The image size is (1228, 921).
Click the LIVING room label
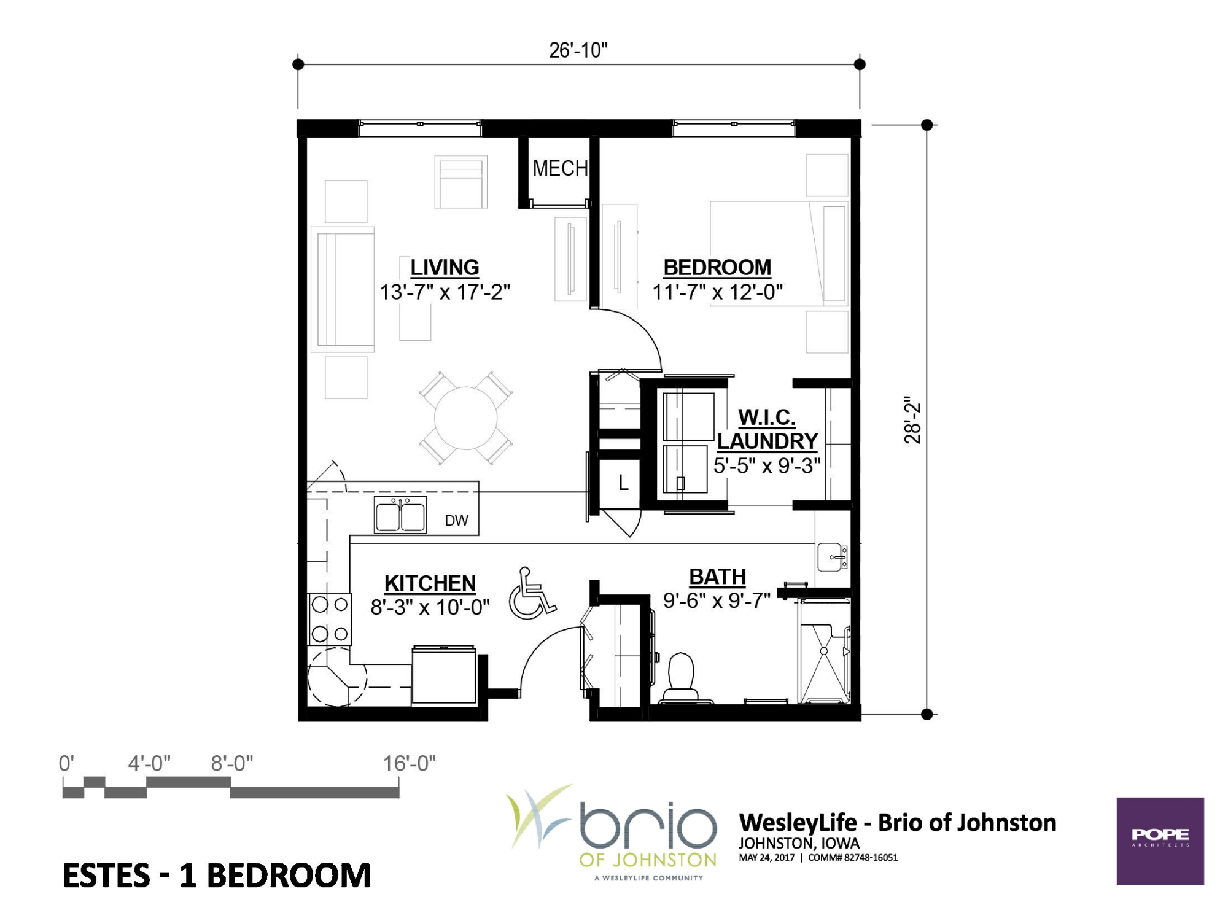pos(445,268)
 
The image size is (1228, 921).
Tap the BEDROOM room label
pos(717,268)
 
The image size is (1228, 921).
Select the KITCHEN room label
pos(430,583)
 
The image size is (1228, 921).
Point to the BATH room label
pos(717,577)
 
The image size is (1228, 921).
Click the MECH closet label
pos(560,168)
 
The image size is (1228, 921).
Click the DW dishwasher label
pos(456,521)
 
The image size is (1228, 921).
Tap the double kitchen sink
pos(400,515)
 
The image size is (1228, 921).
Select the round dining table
pos(466,419)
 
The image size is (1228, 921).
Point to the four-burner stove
pos(330,619)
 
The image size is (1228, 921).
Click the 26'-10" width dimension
pos(578,50)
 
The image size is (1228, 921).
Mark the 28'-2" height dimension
pos(912,420)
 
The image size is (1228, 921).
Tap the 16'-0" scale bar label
pos(410,764)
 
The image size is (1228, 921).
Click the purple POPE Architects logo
pos(1160,841)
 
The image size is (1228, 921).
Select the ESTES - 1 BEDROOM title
pos(217,876)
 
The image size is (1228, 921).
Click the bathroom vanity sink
pos(833,558)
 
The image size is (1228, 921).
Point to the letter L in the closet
pos(623,483)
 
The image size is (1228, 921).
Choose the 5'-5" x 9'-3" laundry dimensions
pos(767,466)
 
